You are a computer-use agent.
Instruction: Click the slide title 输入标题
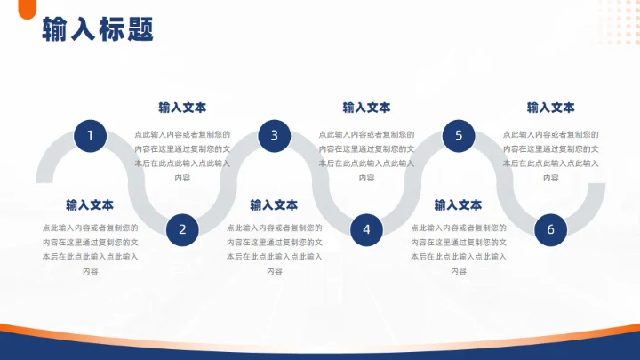point(98,29)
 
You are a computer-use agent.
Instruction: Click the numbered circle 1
point(90,136)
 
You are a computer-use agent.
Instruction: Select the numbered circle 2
point(182,229)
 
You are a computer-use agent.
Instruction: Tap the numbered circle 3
point(275,136)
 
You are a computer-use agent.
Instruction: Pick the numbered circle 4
point(366,229)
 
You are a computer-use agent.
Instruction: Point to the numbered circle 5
point(459,136)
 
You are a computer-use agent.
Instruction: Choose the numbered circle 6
point(550,229)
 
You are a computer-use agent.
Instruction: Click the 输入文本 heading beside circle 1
point(182,108)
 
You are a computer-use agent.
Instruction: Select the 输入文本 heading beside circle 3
point(366,108)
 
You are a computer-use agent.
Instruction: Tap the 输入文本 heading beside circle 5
point(550,108)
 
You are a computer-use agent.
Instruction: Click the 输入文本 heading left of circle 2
point(90,205)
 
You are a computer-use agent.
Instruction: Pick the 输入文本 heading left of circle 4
point(274,205)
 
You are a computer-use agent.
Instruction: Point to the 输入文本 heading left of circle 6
point(458,205)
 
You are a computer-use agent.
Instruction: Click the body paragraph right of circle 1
point(182,156)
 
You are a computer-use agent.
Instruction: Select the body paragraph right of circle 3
point(366,156)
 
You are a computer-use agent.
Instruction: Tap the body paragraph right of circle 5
point(550,156)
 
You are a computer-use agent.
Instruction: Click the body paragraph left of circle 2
point(90,250)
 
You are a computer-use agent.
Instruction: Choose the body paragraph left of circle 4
point(274,250)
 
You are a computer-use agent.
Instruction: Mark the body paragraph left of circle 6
point(458,250)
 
